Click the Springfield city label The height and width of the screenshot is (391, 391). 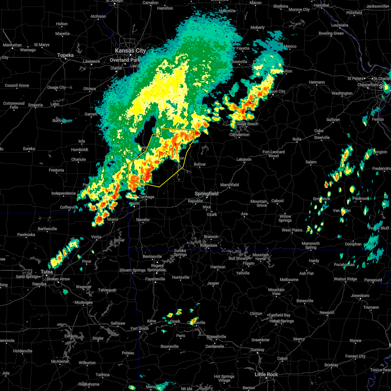207,194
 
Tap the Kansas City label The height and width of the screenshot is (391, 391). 130,51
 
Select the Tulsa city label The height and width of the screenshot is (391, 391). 47,272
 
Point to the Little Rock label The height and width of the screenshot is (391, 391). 266,374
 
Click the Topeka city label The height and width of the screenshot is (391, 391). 65,55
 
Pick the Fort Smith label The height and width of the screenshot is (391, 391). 139,328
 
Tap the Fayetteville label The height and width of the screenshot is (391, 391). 155,279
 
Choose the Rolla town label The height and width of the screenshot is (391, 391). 297,139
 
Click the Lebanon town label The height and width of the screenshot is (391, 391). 244,159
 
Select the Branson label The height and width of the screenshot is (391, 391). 211,237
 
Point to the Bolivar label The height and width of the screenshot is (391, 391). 200,164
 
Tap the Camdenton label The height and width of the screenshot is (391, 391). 239,135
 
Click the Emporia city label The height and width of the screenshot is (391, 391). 36,105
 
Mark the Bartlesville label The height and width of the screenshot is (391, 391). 48,229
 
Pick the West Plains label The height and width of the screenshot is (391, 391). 292,230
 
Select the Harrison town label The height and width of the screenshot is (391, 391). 218,267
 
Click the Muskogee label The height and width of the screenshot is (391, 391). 83,302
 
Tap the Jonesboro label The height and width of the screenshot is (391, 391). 360,296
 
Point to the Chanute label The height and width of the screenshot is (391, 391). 79,159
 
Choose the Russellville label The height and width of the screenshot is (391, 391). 216,337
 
